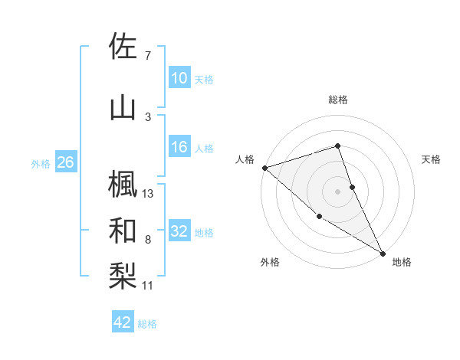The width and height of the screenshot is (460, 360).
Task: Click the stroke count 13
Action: (149, 194)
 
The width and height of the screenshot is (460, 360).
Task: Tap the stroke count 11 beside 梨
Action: (149, 286)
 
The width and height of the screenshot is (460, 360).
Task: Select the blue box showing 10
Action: (179, 78)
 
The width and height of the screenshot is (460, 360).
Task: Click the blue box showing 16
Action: (179, 147)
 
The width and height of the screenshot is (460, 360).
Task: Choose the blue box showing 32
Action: (179, 231)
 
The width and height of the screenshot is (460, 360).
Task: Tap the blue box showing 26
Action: (65, 162)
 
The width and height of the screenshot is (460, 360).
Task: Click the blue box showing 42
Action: (123, 322)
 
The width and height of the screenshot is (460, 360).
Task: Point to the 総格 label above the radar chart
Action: (338, 100)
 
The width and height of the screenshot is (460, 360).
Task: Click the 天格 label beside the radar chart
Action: (432, 159)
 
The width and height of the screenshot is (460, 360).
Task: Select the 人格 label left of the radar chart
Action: (245, 159)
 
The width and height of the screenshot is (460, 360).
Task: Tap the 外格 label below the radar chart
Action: (270, 262)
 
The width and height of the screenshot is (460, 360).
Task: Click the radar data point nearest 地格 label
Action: (383, 253)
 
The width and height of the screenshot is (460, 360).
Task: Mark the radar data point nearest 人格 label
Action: (264, 167)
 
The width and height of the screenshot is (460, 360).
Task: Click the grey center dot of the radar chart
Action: (338, 191)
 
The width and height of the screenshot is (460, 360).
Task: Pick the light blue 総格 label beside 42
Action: (148, 324)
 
